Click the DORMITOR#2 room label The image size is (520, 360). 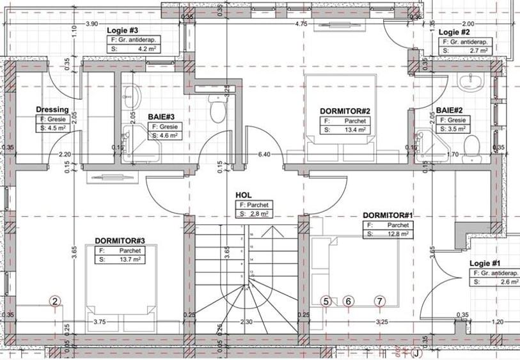pos(345,111)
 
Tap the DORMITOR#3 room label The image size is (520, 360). pos(120,240)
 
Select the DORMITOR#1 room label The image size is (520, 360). pos(388,215)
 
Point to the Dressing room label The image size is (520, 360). pos(52,109)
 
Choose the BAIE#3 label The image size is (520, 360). pos(161,117)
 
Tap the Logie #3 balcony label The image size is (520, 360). pos(124,30)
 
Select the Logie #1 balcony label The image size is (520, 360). pos(485,263)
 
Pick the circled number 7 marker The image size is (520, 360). pos(380,301)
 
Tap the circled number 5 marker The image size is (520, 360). pos(326,301)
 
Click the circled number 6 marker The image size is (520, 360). pos(349,301)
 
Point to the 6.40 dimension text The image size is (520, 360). pos(264,154)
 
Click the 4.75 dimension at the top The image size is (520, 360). pos(301,24)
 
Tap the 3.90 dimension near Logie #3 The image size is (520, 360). pos(91,24)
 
